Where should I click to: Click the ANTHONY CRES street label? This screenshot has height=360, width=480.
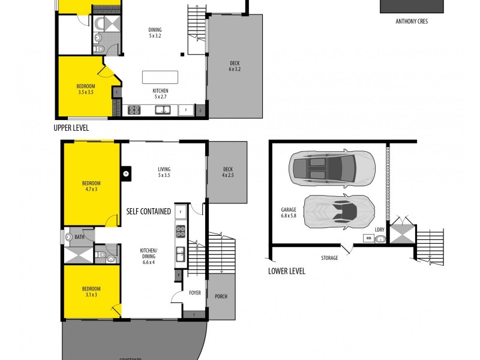point(412,21)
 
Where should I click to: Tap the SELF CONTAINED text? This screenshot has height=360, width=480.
point(148,212)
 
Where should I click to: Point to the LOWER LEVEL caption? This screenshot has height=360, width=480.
point(286,271)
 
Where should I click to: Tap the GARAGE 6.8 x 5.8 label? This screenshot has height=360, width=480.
point(289,213)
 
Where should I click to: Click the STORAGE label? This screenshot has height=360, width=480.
point(329,258)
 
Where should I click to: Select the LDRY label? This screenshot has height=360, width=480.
point(379,230)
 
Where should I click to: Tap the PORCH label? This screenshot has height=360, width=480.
point(220,296)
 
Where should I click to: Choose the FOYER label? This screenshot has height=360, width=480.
point(195,293)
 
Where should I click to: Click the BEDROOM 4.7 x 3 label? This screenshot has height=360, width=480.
point(91,186)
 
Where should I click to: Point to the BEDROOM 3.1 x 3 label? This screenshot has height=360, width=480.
point(91,293)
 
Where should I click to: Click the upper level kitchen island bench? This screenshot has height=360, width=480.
point(160,77)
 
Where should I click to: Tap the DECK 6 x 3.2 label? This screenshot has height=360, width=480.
point(235,66)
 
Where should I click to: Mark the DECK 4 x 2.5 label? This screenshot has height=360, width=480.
point(227,172)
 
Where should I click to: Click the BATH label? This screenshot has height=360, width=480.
point(79,237)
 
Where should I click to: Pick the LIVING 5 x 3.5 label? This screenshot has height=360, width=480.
point(164,172)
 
